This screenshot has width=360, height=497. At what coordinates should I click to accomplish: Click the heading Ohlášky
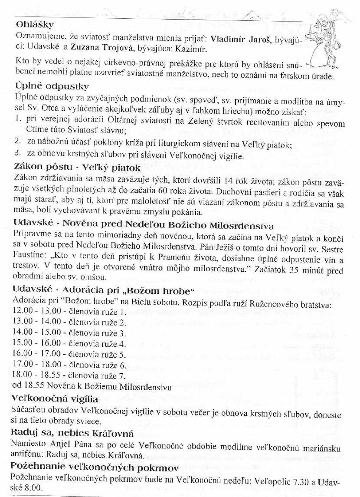point(34,24)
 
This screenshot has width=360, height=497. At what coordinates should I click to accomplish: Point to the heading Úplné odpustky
point(52,86)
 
